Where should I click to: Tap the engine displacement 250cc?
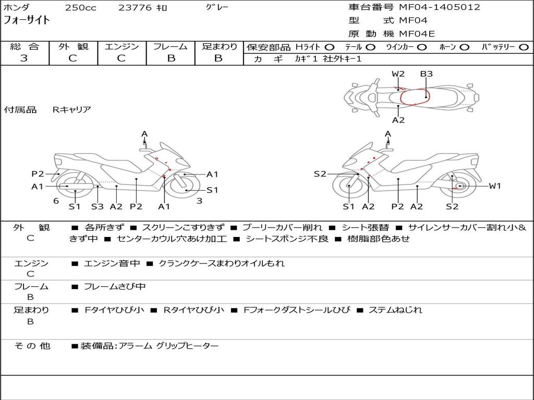(x=80, y=8)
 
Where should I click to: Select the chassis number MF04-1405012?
(x=440, y=7)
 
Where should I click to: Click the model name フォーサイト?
(x=27, y=20)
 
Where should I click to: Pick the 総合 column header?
(x=25, y=46)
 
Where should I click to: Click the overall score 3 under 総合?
(x=24, y=58)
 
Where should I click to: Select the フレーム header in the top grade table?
(x=171, y=46)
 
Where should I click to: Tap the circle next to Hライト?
(x=329, y=47)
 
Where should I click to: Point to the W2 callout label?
(x=398, y=74)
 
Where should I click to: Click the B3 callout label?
(x=427, y=74)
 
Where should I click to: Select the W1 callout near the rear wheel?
(x=494, y=186)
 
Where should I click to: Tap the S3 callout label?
(x=98, y=206)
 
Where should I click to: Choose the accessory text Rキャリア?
(x=71, y=109)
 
